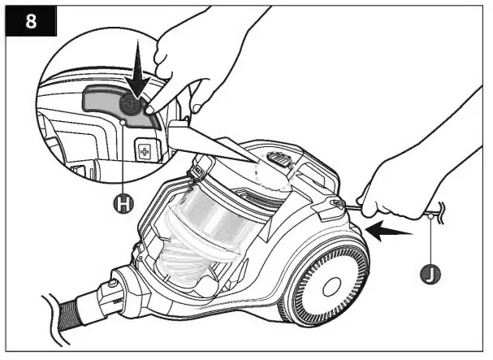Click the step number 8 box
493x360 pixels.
point(31,21)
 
